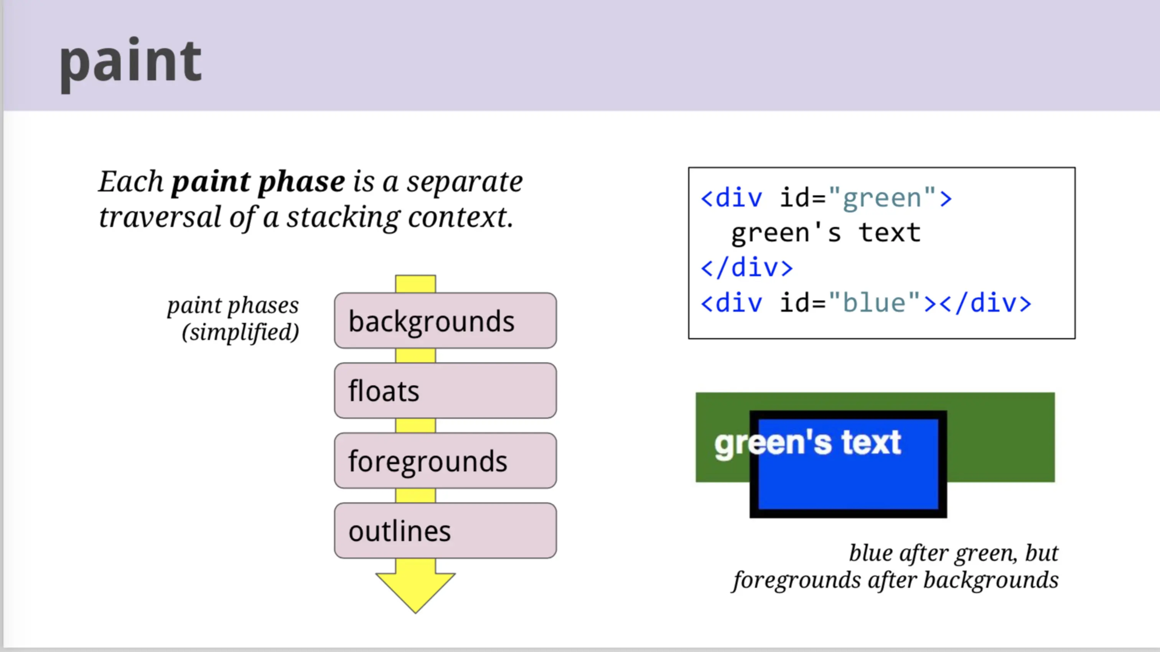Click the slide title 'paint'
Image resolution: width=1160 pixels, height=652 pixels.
coord(130,63)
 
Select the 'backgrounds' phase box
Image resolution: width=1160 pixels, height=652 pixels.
coord(445,320)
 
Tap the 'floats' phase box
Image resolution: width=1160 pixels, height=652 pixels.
coord(445,390)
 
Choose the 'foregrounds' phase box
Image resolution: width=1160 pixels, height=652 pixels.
coord(445,461)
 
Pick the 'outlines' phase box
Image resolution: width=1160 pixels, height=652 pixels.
coord(445,530)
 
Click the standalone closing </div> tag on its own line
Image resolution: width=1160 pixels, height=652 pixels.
coord(746,267)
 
